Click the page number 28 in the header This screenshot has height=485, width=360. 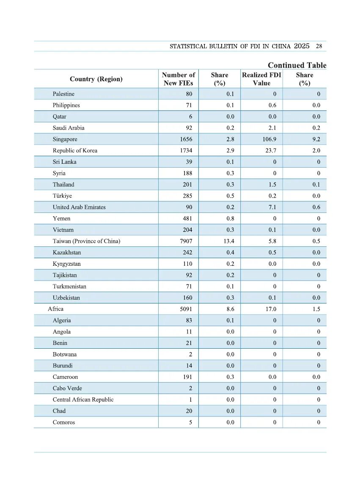point(319,46)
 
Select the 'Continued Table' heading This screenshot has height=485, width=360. point(297,65)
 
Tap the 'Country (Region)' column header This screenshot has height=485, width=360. point(96,79)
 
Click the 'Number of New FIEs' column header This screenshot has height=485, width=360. point(179,79)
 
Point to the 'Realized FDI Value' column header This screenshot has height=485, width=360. point(261,79)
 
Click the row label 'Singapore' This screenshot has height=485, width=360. point(65,139)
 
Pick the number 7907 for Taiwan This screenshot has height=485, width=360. point(186,241)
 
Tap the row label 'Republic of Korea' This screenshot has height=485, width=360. point(75,151)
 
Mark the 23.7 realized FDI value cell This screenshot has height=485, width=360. point(271,151)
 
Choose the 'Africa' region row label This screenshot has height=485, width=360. point(55,309)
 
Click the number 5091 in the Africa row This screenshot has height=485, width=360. point(186,309)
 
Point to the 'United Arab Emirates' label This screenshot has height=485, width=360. point(79,207)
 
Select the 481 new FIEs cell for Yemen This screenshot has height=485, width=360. point(187,219)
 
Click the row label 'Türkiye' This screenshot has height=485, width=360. point(62,196)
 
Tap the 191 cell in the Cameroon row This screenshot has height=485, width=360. point(187,377)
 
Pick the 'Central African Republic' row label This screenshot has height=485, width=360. point(83,400)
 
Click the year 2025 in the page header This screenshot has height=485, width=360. point(302,46)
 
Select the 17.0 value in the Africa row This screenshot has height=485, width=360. point(271,309)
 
